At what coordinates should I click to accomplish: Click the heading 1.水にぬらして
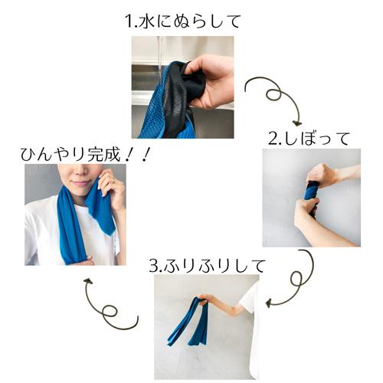click(x=183, y=21)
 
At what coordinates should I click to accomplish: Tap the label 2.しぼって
click(x=309, y=138)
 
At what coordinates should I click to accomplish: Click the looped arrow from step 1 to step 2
click(x=273, y=98)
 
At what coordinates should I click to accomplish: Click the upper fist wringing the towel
click(x=322, y=175)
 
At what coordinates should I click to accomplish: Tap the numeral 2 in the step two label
click(x=272, y=139)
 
